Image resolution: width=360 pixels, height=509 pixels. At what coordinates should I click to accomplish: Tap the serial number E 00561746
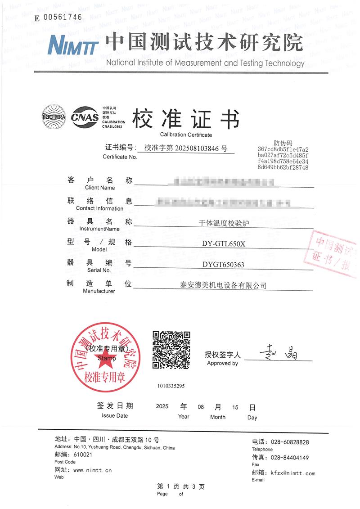[58, 18]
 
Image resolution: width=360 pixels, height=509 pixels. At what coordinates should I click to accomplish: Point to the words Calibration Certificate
[186, 135]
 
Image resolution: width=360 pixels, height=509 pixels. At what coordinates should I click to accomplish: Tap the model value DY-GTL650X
[223, 244]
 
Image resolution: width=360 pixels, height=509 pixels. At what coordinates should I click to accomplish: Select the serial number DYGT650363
[223, 265]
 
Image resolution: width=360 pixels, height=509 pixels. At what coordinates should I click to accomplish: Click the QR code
[171, 350]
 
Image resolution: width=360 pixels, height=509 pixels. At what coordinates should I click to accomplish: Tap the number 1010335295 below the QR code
[171, 386]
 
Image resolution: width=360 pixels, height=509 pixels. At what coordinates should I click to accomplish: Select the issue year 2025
[162, 407]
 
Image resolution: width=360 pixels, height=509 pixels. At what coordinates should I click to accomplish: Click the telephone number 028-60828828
[292, 442]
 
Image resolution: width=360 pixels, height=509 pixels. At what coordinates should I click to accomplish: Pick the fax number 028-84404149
[292, 458]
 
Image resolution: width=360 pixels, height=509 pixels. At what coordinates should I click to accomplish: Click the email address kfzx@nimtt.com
[292, 473]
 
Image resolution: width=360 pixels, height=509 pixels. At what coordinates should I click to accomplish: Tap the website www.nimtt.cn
[92, 470]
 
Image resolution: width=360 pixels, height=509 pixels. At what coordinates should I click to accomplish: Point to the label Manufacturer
[99, 291]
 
